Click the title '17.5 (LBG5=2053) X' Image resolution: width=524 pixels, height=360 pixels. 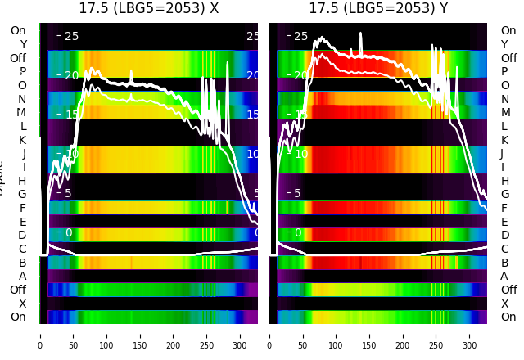pyautogui.click(x=148, y=8)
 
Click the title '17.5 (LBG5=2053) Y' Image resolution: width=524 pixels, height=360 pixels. pyautogui.click(x=378, y=8)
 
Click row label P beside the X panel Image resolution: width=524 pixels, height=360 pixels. pyautogui.click(x=22, y=72)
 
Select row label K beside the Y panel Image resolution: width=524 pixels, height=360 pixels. pyautogui.click(x=504, y=140)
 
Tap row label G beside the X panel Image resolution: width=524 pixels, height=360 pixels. pyautogui.click(x=22, y=195)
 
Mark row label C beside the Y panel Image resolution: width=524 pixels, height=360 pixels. pyautogui.click(x=504, y=249)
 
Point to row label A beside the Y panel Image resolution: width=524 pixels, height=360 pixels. pyautogui.click(x=504, y=277)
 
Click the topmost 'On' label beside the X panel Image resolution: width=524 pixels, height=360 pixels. pyautogui.click(x=18, y=31)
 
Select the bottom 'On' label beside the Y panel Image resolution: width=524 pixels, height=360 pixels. pyautogui.click(x=508, y=317)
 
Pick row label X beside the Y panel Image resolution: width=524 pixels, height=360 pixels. pyautogui.click(x=504, y=304)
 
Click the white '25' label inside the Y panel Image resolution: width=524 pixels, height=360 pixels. pyautogui.click(x=300, y=37)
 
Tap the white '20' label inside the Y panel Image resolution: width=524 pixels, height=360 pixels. pyautogui.click(x=300, y=76)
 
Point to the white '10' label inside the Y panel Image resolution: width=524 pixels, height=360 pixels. pyautogui.click(x=300, y=155)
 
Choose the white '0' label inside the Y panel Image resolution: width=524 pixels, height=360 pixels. pyautogui.click(x=298, y=233)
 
